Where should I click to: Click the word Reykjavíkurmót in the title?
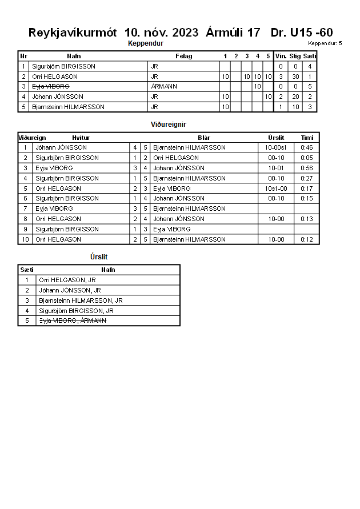point(73,33)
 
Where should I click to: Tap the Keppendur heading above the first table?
point(146,43)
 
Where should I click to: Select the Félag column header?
point(183,56)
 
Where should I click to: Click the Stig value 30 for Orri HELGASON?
point(295,77)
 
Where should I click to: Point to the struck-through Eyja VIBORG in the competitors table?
point(51,87)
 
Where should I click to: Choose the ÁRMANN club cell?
point(164,87)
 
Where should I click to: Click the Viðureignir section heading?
point(169,124)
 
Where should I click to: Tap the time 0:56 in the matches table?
point(307,168)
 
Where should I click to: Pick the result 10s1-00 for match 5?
point(277,189)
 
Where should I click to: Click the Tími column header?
point(307,138)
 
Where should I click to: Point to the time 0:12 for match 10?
point(307,239)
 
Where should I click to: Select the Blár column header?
point(204,138)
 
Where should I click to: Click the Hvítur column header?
point(81,138)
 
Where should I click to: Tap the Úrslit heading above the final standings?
point(99,257)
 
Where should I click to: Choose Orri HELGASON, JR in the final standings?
point(67,280)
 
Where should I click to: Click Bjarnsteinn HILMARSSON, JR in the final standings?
point(81,300)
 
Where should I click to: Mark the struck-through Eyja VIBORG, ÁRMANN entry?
point(72,321)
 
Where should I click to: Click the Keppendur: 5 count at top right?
point(325,43)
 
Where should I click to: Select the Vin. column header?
point(281,56)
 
